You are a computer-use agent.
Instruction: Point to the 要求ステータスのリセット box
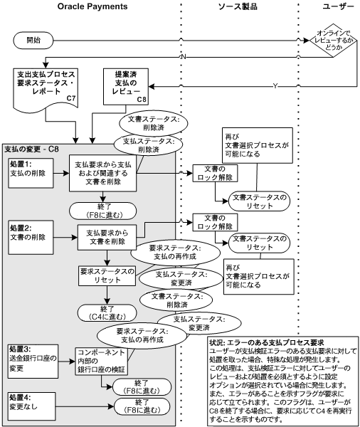click(105, 275)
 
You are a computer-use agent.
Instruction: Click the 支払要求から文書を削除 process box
click(107, 236)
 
